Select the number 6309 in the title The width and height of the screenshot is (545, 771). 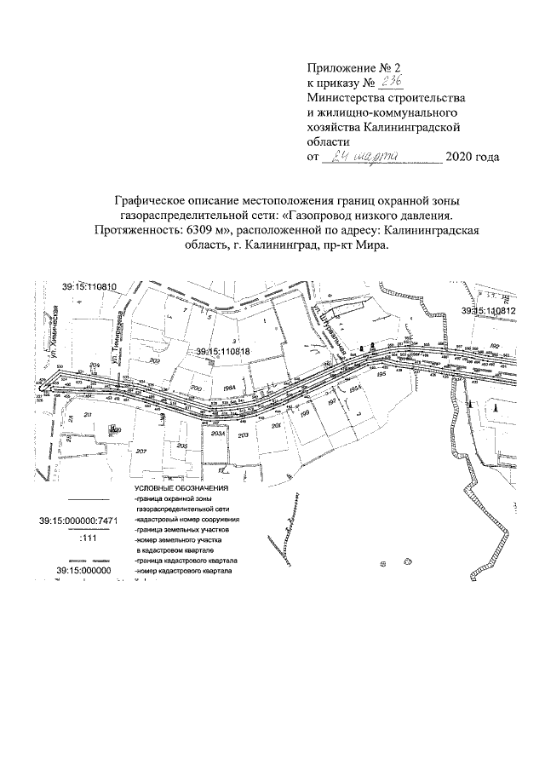(x=202, y=229)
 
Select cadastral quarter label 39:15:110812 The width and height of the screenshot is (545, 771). (x=489, y=311)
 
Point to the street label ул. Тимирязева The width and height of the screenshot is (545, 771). (x=121, y=338)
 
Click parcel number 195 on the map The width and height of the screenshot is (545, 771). (x=381, y=374)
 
